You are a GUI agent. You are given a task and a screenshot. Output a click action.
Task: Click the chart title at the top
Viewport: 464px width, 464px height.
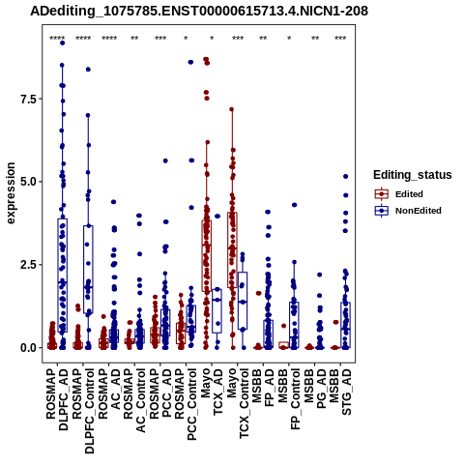click(199, 11)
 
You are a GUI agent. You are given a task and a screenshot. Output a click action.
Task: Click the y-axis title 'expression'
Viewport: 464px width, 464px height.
click(11, 193)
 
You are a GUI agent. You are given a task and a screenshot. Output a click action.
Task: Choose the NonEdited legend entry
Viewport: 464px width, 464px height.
click(408, 211)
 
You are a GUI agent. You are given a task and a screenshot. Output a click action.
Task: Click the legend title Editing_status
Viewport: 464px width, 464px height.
click(413, 175)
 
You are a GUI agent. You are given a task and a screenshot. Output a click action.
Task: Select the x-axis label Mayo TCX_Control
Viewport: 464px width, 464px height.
click(238, 403)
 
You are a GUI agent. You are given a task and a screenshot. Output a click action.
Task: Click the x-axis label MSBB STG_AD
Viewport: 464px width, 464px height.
click(340, 391)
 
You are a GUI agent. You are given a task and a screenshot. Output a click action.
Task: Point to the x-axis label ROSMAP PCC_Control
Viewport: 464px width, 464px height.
click(186, 404)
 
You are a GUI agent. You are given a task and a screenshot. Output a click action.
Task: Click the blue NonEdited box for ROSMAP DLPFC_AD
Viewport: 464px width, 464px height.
click(63, 275)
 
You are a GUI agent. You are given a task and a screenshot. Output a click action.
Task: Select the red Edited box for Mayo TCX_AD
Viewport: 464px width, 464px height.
click(207, 256)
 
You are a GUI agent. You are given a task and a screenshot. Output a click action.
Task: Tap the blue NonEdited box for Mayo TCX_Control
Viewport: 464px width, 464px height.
click(243, 301)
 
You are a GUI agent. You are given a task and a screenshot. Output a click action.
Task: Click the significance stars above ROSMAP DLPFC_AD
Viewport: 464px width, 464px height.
click(57, 39)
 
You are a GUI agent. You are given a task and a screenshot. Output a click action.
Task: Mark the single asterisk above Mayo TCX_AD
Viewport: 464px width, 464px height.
click(212, 39)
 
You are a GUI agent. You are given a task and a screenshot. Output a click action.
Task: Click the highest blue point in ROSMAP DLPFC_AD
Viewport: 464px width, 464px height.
click(63, 43)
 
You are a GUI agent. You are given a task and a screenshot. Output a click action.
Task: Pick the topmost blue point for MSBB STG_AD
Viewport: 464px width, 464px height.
click(346, 176)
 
